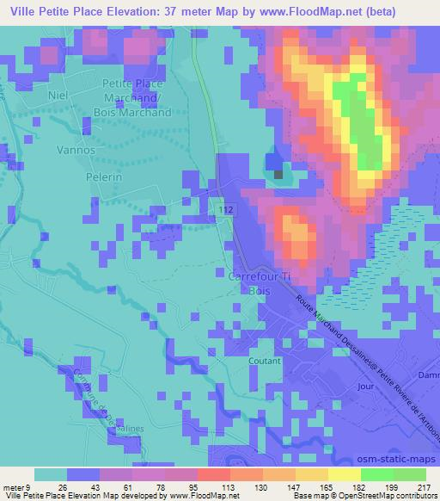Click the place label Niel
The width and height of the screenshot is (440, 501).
[58, 96]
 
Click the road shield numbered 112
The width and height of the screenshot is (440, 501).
[226, 209]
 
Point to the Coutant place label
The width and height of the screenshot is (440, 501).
[265, 362]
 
